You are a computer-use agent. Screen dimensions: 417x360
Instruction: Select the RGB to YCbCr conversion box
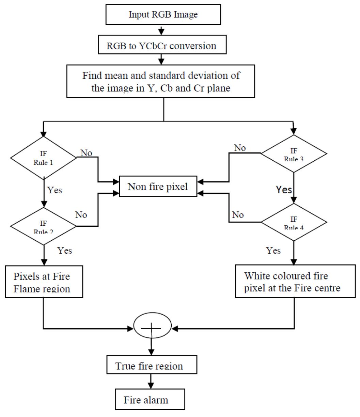(x=162, y=46)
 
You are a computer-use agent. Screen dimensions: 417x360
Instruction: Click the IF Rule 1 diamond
(x=44, y=158)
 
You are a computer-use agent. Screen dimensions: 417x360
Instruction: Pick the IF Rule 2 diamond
(x=44, y=226)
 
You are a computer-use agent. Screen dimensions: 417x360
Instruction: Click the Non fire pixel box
(x=158, y=186)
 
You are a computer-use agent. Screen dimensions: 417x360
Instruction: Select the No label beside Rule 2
(x=81, y=215)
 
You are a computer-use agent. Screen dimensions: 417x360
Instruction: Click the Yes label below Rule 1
(x=54, y=190)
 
